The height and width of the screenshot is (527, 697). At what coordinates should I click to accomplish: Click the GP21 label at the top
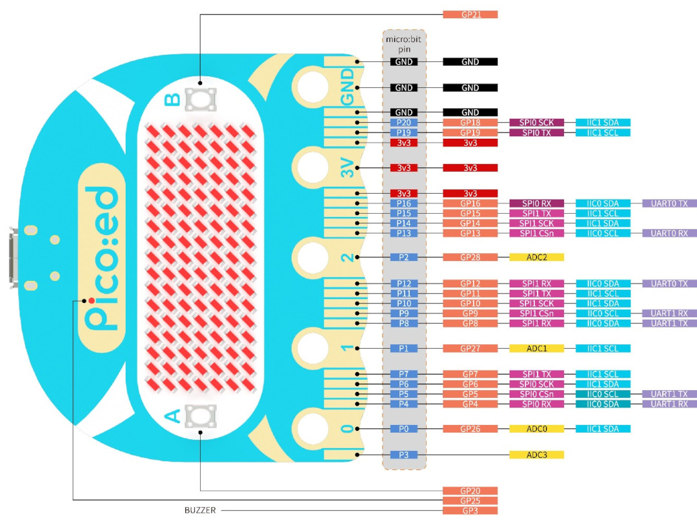pyautogui.click(x=470, y=15)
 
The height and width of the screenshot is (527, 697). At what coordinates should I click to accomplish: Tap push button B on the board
pyautogui.click(x=201, y=99)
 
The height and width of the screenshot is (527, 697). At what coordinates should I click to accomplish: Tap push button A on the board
pyautogui.click(x=201, y=416)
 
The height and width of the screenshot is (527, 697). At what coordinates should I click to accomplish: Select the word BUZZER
pyautogui.click(x=200, y=510)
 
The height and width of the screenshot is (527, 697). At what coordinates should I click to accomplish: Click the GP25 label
pyautogui.click(x=470, y=501)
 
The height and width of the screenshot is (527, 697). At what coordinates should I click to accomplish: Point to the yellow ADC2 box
pyautogui.click(x=536, y=257)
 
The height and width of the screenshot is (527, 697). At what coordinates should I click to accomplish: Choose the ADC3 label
pyautogui.click(x=536, y=455)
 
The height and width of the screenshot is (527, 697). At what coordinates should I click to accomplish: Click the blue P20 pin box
pyautogui.click(x=403, y=122)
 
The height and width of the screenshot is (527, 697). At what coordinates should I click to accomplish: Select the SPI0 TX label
pyautogui.click(x=536, y=132)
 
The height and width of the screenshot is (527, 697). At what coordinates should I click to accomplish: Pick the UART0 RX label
pyautogui.click(x=669, y=233)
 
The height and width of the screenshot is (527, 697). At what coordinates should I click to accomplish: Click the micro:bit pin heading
pyautogui.click(x=403, y=44)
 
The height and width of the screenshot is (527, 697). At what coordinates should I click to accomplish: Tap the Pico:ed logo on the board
pyautogui.click(x=102, y=258)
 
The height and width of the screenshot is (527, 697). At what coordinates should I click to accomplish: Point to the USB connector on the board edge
pyautogui.click(x=14, y=258)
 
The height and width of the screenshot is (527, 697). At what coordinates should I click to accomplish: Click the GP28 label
pyautogui.click(x=470, y=257)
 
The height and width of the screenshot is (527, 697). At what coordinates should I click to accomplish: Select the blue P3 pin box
pyautogui.click(x=403, y=455)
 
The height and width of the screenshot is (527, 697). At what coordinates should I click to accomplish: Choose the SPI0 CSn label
pyautogui.click(x=536, y=394)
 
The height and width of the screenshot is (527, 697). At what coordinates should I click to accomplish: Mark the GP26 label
pyautogui.click(x=470, y=429)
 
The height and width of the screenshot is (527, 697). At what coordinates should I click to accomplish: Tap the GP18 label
pyautogui.click(x=470, y=122)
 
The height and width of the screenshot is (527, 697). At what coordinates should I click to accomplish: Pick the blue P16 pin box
pyautogui.click(x=403, y=203)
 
